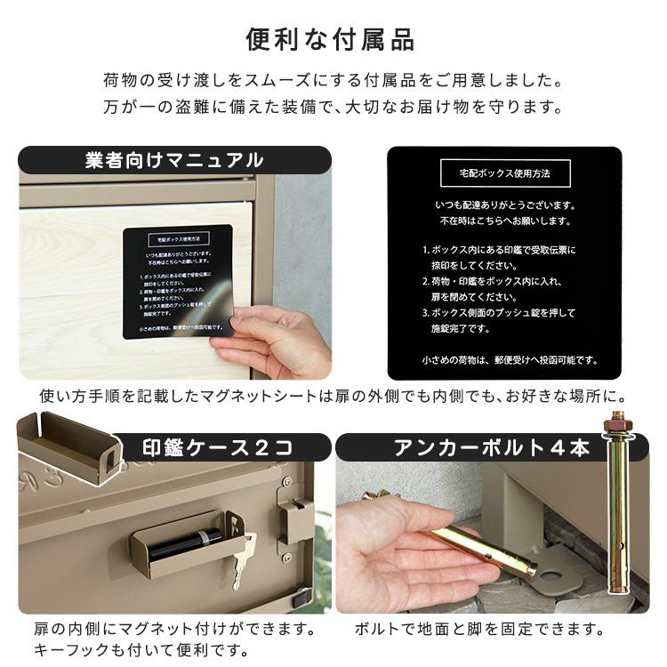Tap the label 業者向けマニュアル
pyautogui.click(x=174, y=160)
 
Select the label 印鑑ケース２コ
pyautogui.click(x=218, y=447)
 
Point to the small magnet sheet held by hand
pyautogui.click(x=177, y=280)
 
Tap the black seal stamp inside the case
pyautogui.click(x=186, y=542)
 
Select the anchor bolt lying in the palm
pyautogui.click(x=480, y=547)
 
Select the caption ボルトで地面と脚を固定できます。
pyautogui.click(x=480, y=630)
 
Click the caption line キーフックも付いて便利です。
pyautogui.click(x=141, y=651)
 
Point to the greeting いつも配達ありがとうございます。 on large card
pyautogui.click(x=504, y=205)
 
